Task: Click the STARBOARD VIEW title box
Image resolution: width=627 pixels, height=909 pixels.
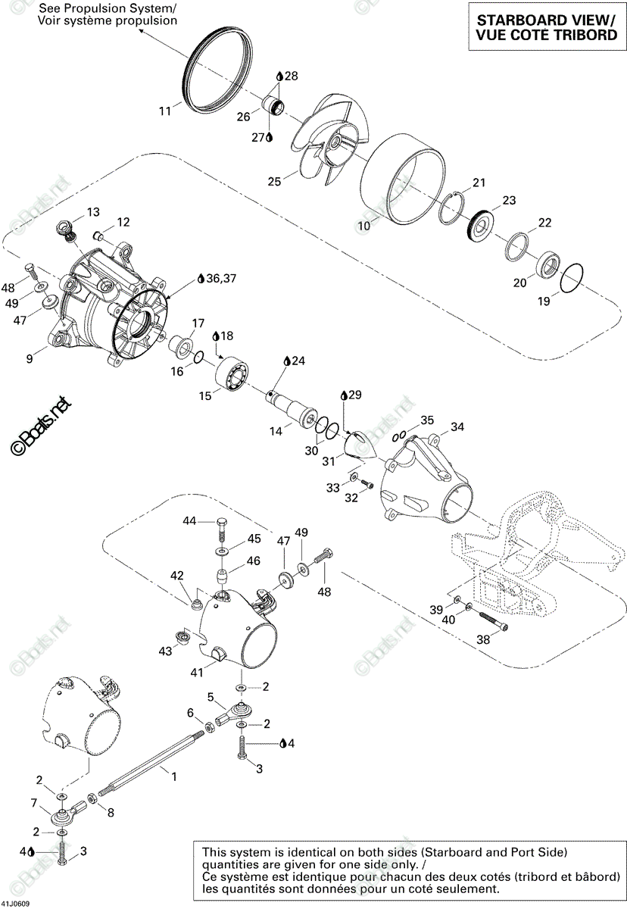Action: point(547,27)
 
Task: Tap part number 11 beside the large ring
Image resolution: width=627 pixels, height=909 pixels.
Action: point(164,111)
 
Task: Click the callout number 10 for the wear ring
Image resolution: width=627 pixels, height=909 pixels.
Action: point(363,225)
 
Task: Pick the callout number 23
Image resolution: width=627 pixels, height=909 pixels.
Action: point(509,200)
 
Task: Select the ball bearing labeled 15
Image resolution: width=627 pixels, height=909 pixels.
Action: point(232,373)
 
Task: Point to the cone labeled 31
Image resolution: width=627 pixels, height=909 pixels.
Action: point(357,445)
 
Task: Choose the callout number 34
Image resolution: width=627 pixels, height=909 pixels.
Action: point(457,426)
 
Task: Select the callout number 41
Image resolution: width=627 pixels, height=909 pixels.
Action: point(197,673)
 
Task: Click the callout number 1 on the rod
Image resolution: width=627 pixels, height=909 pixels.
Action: point(174,776)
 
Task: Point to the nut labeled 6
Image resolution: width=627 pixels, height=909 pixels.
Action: point(210,727)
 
